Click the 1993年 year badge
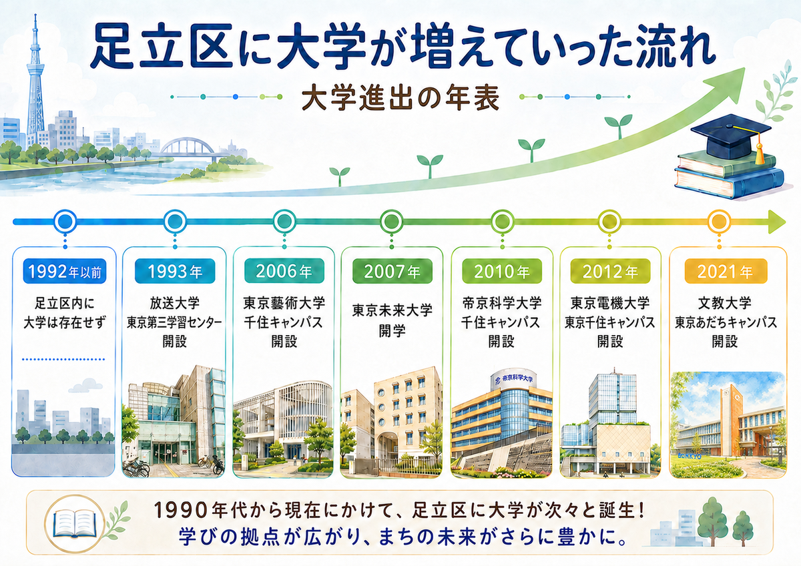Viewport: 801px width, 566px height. coord(175,272)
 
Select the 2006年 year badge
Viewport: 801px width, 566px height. coord(284,272)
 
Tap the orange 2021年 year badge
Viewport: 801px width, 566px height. coord(726,272)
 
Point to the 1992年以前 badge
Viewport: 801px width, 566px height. coord(65,272)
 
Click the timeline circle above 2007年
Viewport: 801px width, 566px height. coord(392,222)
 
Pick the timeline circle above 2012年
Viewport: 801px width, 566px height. coord(609,222)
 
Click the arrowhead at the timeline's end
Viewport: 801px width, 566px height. coord(777,222)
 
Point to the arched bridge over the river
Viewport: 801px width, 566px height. coord(187,148)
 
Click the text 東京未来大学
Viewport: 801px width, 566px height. coord(392,310)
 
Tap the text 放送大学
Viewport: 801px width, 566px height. coord(174,303)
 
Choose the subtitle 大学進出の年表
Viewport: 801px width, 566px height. coord(400,97)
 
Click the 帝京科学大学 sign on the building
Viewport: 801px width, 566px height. coord(514,379)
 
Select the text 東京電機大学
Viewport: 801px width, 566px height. coord(610,303)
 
